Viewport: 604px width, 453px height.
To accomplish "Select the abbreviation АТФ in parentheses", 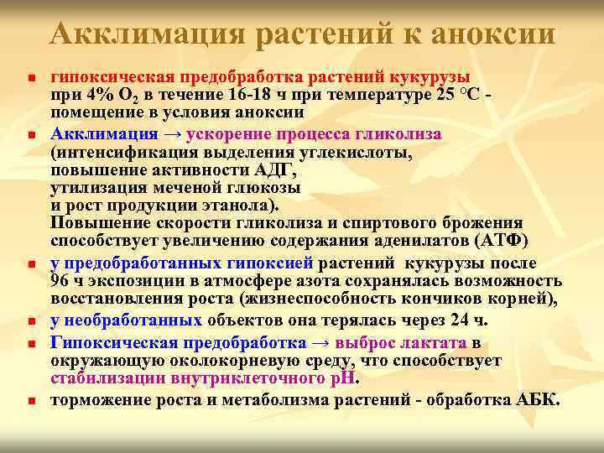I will coord(500,242).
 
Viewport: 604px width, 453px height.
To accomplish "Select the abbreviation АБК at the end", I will coord(534,399).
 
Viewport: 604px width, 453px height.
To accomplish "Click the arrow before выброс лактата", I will coord(321,342).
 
